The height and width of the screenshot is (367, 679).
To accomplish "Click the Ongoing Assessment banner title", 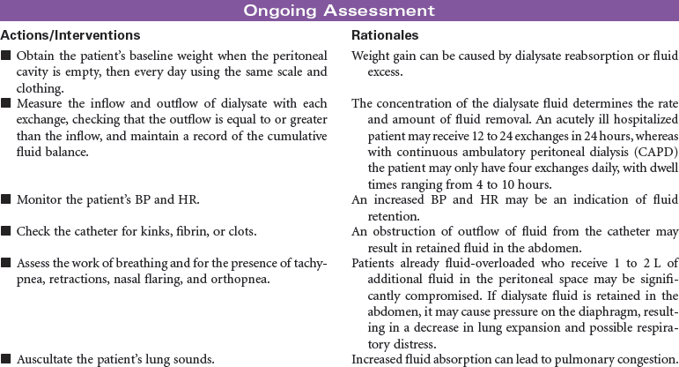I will click(339, 11).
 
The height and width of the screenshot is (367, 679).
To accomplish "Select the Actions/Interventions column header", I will click(70, 35).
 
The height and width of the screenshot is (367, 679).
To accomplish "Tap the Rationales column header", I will click(385, 35).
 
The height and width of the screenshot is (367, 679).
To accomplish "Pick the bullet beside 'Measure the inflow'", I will click(6, 104).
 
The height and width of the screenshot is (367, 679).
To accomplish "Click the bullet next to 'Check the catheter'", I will click(6, 231).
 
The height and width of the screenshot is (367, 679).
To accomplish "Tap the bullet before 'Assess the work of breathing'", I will click(6, 263).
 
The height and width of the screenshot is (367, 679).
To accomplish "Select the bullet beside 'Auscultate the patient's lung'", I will click(6, 359).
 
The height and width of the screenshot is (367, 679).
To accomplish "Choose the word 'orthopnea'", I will click(243, 279).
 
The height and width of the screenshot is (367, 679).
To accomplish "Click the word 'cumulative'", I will click(293, 136).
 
